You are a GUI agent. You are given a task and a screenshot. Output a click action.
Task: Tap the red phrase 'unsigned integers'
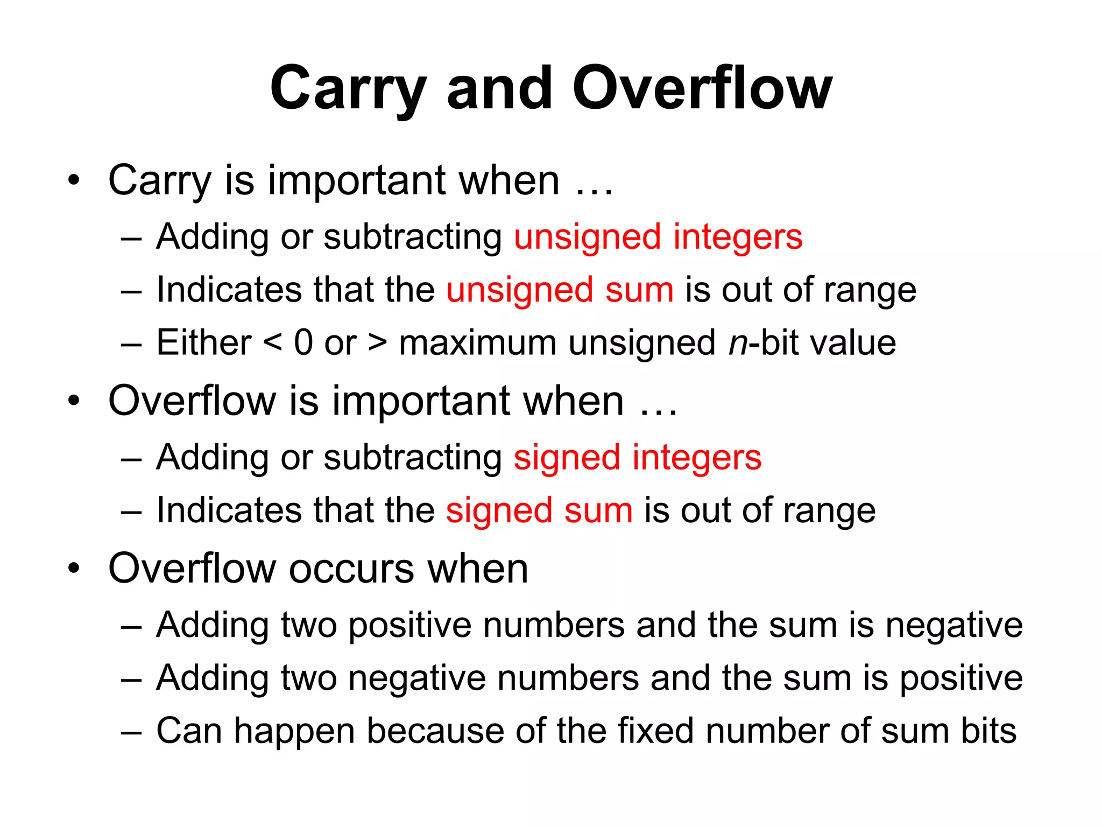tap(658, 237)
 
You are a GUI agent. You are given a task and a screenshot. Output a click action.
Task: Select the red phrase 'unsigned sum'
tap(560, 290)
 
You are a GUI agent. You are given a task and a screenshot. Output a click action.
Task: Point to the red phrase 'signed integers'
tap(637, 458)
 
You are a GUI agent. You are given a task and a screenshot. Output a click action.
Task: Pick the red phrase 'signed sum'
tap(539, 510)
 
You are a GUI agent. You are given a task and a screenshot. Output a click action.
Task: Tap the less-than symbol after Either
tap(273, 342)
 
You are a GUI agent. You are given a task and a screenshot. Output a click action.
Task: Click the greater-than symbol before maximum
tap(377, 342)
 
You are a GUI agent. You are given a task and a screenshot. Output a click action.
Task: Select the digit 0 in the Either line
tap(303, 342)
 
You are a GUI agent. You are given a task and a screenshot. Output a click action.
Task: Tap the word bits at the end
tap(988, 731)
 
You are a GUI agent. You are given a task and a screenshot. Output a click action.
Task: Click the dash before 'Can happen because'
tap(131, 732)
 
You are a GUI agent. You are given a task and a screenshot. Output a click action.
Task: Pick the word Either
tap(203, 342)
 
